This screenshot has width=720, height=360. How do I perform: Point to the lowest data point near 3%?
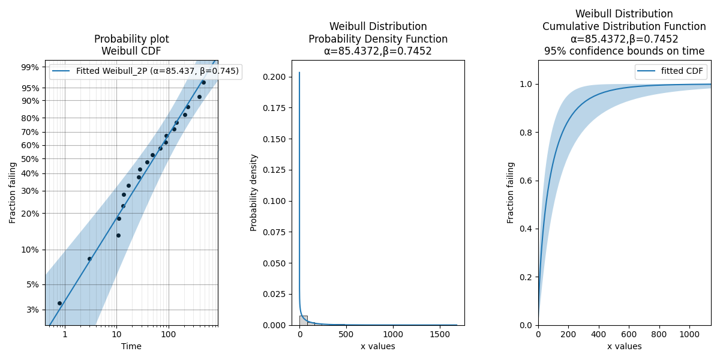[x=59, y=303]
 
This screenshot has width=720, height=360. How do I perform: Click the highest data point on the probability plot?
[x=203, y=82]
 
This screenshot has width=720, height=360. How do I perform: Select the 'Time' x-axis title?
[x=131, y=346]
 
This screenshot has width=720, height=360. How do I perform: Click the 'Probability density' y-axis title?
[x=254, y=193]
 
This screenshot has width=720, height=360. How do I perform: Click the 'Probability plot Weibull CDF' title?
[x=131, y=45]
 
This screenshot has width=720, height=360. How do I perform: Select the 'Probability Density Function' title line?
[x=378, y=39]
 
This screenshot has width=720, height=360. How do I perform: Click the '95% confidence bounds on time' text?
[x=624, y=52]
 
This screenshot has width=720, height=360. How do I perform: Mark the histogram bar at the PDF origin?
[x=303, y=320]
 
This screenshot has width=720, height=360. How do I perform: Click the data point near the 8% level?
[x=89, y=259]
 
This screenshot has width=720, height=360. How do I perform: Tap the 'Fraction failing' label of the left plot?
[x=13, y=193]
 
